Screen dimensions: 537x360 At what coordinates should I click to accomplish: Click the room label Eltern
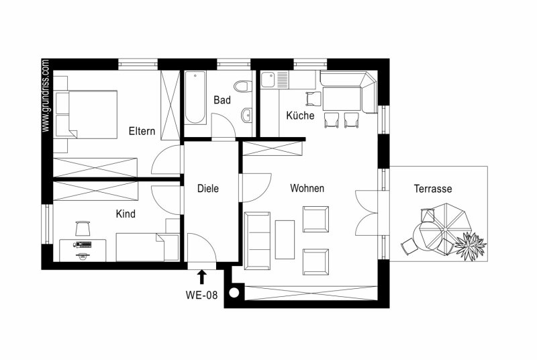(142, 131)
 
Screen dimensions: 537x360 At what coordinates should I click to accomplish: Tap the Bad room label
(222, 100)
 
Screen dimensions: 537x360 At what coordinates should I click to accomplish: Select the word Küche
(300, 115)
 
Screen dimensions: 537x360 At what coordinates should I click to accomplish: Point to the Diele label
(208, 188)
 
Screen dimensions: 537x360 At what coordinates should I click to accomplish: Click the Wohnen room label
(307, 188)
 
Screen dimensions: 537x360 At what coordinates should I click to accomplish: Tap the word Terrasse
(432, 188)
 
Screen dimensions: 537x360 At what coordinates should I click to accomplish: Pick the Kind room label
(126, 214)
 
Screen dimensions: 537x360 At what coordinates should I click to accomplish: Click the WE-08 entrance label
(201, 295)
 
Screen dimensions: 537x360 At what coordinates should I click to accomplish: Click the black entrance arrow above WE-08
(202, 277)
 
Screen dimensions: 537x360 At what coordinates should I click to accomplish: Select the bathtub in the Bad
(195, 97)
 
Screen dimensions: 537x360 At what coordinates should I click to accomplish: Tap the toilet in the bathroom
(242, 86)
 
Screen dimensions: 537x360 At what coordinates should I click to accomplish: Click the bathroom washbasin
(246, 115)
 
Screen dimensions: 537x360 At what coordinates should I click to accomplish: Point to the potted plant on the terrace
(471, 246)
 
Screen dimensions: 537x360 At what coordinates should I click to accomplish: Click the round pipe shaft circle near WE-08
(234, 293)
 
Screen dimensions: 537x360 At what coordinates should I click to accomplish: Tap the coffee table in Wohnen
(285, 239)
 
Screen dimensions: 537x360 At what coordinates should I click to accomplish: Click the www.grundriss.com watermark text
(46, 95)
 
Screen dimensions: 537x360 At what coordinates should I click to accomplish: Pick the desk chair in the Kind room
(83, 228)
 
